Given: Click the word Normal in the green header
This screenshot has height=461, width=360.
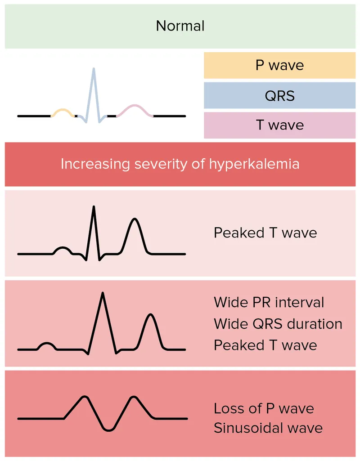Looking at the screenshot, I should pyautogui.click(x=180, y=26).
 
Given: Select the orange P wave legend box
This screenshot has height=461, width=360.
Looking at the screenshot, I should pyautogui.click(x=279, y=65).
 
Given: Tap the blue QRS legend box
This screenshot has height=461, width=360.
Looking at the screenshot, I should pyautogui.click(x=279, y=95).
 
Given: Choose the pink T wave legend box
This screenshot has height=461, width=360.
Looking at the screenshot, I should pyautogui.click(x=279, y=125).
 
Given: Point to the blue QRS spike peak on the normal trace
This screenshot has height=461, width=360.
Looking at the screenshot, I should pyautogui.click(x=94, y=69).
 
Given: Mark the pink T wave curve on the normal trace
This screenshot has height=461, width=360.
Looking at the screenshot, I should pyautogui.click(x=135, y=106).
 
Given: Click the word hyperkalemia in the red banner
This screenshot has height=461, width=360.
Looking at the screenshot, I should pyautogui.click(x=254, y=164).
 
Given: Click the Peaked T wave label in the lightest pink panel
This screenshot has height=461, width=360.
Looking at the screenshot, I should pyautogui.click(x=265, y=233).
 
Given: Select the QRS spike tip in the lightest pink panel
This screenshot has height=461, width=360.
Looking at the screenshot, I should pyautogui.click(x=94, y=207).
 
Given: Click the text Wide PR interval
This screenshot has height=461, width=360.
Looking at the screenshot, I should pyautogui.click(x=269, y=302).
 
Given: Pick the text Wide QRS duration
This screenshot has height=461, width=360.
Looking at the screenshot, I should pyautogui.click(x=278, y=324).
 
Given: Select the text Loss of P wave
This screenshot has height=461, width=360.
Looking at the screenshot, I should pyautogui.click(x=264, y=409).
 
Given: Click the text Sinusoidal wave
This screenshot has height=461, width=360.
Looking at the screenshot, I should pyautogui.click(x=268, y=428).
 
